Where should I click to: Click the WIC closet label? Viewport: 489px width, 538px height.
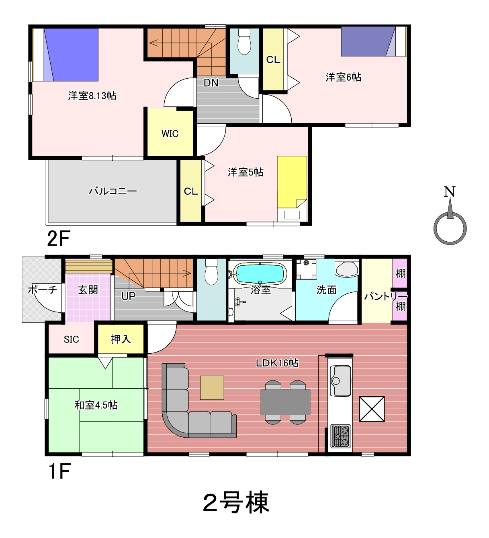[x=170, y=133]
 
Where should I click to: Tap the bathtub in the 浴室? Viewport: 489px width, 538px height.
[x=260, y=273]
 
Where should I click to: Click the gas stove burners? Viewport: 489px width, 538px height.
[x=340, y=436]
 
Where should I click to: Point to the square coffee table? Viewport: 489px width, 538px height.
[x=212, y=387]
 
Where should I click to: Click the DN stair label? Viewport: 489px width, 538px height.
[x=211, y=83]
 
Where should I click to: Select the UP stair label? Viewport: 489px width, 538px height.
[x=128, y=296]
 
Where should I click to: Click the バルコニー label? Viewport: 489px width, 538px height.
[x=113, y=191]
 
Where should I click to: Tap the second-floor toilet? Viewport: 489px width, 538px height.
[x=244, y=42]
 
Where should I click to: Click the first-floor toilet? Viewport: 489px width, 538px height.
[x=211, y=271]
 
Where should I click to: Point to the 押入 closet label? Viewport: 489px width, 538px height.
[x=121, y=339]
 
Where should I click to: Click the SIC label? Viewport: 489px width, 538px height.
[x=71, y=339]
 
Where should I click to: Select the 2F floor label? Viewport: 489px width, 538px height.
[x=59, y=238]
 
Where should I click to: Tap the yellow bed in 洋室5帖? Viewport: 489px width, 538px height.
[x=292, y=182]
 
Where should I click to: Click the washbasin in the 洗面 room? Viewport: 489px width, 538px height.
[x=347, y=268]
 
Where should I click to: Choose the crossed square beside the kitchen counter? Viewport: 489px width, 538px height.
[x=372, y=409]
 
